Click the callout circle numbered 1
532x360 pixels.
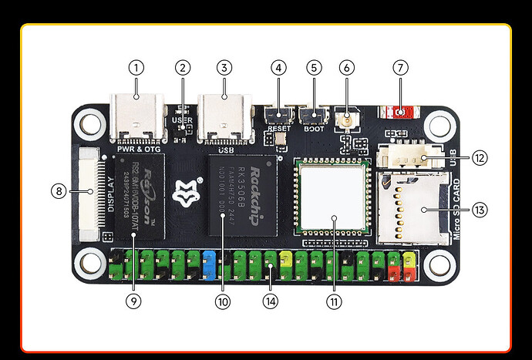point(136,67)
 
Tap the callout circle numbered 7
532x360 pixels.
point(399,67)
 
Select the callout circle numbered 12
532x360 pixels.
point(479,158)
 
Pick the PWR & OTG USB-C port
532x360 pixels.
point(138,116)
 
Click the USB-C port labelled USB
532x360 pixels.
point(224,116)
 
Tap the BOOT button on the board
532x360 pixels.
point(313,116)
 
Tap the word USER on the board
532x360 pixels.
point(183,121)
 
